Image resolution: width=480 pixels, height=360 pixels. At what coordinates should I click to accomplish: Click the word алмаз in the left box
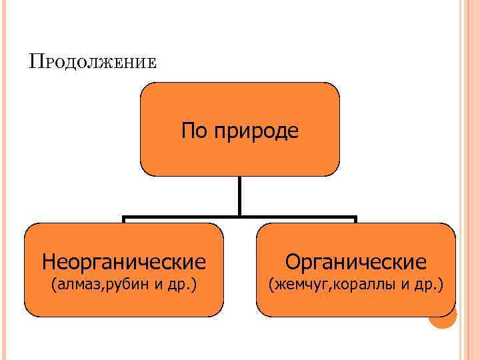[x=79, y=286]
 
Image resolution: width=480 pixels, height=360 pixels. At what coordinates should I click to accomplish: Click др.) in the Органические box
[x=428, y=286]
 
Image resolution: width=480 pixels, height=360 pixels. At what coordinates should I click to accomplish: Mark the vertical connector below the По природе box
[x=240, y=196]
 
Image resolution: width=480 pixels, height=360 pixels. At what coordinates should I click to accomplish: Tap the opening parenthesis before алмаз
[x=54, y=286]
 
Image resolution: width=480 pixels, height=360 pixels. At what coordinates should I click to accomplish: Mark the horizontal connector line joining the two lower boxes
[x=240, y=217]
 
